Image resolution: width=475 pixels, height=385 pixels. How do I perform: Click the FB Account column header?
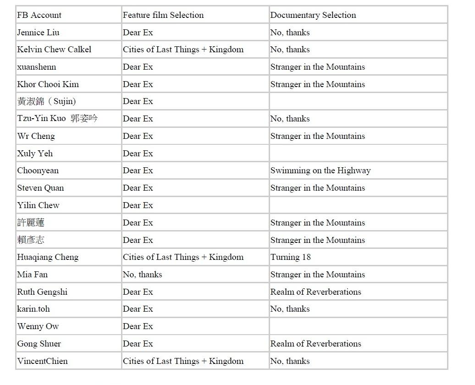click(39, 15)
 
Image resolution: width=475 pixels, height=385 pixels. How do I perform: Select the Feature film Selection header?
click(163, 15)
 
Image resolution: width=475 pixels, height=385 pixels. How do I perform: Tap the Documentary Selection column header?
click(313, 15)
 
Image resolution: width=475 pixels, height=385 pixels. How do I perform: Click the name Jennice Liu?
click(38, 33)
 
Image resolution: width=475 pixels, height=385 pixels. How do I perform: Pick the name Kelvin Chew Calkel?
click(54, 49)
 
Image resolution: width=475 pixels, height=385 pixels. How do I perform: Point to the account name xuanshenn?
click(37, 67)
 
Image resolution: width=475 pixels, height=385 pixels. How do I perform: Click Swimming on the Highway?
click(320, 170)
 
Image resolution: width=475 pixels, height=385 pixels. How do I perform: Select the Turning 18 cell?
click(291, 257)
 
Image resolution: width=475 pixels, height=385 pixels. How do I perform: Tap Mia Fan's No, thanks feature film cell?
click(143, 275)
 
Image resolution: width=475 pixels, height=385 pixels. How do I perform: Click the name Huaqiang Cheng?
click(48, 257)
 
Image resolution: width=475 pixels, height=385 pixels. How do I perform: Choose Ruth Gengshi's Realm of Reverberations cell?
click(316, 292)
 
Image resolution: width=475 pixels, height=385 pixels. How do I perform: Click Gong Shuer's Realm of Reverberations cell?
click(316, 344)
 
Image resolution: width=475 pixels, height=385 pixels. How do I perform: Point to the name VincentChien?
click(42, 361)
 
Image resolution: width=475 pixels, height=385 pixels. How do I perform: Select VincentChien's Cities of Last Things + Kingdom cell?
click(183, 361)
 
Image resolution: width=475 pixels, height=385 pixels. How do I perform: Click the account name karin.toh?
click(33, 309)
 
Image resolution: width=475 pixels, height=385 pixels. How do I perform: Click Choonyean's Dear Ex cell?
click(138, 170)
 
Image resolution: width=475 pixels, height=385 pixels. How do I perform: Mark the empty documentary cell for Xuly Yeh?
click(358, 154)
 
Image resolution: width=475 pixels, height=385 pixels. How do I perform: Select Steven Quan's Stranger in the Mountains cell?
click(318, 188)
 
